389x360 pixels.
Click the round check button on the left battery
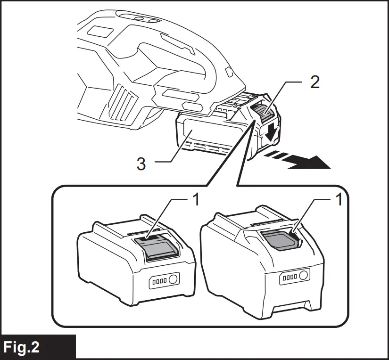point(173,279)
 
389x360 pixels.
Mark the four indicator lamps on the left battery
point(158,282)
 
